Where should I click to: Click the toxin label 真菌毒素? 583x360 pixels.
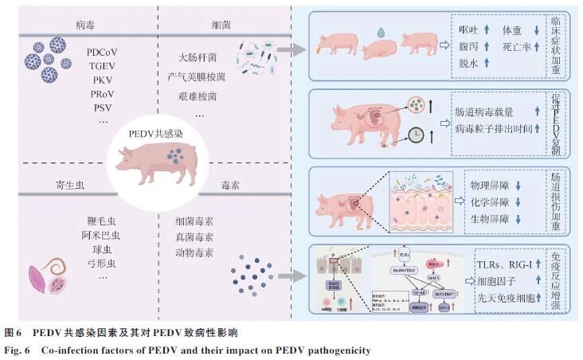click(194, 237)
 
